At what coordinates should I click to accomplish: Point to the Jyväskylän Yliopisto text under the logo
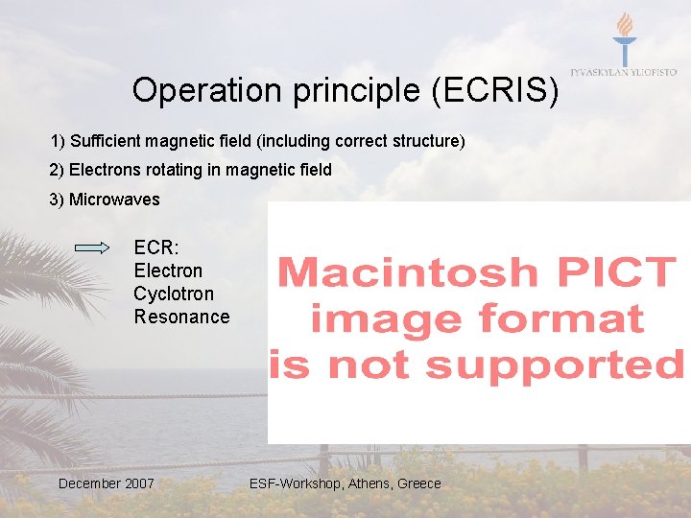click(624, 73)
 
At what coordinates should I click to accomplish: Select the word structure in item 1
click(428, 141)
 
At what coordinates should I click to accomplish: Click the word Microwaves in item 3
click(114, 200)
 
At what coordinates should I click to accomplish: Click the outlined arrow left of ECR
click(92, 247)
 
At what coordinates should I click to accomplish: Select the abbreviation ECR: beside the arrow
click(155, 247)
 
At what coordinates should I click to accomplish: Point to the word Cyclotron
click(174, 294)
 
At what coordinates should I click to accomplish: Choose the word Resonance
click(181, 317)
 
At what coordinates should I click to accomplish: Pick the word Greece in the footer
click(419, 483)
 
